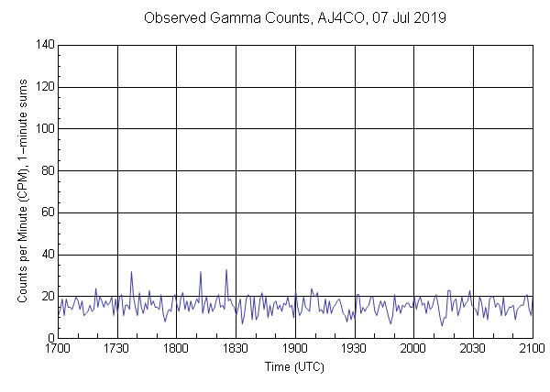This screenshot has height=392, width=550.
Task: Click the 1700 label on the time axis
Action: pos(58,349)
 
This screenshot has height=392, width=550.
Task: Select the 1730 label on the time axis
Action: pos(117,349)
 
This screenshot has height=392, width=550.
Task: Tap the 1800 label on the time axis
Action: pos(176,349)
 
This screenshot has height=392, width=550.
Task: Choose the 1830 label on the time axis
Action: pos(236,349)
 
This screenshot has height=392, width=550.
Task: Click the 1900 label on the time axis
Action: pos(295,349)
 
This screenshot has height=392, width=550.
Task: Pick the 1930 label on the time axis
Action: pos(355,349)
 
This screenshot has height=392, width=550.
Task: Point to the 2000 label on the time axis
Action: pos(413,349)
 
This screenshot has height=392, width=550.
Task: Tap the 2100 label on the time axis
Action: pos(532,349)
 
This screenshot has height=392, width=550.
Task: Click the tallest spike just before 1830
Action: pos(226,270)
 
